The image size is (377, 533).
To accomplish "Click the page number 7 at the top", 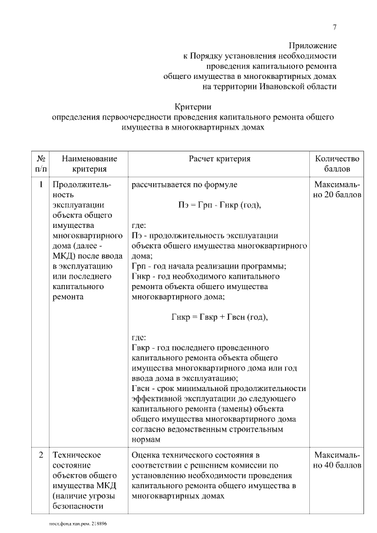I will (335, 27).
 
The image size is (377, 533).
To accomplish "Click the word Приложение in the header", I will (312, 45).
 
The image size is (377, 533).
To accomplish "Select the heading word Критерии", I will (193, 107).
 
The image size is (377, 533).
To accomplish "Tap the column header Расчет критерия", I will (219, 159).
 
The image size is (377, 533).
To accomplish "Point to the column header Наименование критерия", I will (89, 164).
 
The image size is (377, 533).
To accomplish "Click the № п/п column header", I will (41, 164).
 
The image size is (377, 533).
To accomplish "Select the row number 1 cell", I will (41, 185).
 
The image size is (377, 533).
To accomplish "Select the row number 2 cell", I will (41, 455).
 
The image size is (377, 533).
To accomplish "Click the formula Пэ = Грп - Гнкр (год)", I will (219, 205).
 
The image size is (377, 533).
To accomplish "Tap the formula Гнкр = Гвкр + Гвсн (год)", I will (219, 317).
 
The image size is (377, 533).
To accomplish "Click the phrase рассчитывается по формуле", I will (184, 185).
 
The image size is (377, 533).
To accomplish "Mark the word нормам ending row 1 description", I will (146, 439).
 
